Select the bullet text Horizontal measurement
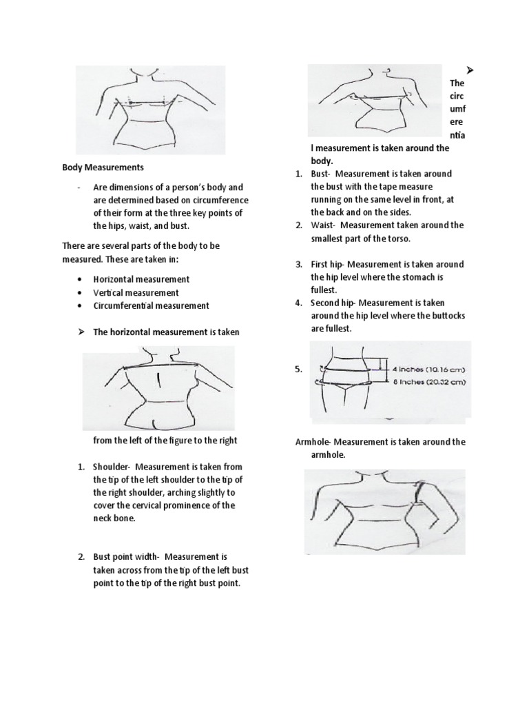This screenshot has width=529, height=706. click(141, 279)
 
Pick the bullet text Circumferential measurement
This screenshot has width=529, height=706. click(151, 305)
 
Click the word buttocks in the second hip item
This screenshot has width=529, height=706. click(446, 316)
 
